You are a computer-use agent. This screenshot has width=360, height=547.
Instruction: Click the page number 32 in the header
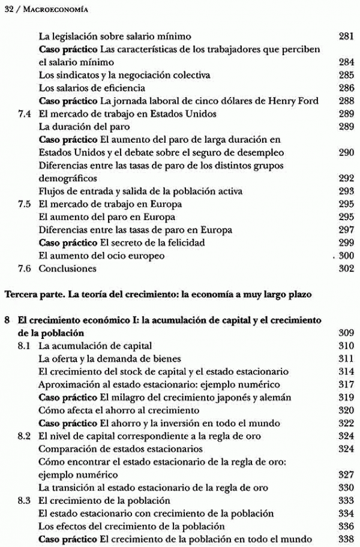(7, 8)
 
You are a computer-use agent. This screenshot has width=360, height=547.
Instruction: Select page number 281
(346, 36)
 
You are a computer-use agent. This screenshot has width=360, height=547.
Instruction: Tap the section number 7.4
(25, 113)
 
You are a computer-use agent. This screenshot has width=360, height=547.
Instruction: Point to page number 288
(346, 101)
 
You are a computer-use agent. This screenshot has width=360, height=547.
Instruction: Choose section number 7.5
(25, 204)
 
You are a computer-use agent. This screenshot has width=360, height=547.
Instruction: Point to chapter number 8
(7, 321)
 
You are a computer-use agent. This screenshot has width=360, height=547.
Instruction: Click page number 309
(346, 333)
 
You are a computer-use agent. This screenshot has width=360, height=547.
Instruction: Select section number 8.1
(25, 346)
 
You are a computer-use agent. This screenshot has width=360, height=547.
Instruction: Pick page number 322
(346, 423)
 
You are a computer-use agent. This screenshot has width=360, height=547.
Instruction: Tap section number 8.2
(25, 436)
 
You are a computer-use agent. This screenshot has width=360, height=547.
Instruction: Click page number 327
(346, 474)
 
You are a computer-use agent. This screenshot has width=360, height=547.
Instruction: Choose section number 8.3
(25, 500)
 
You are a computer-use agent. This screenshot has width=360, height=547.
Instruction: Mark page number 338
(346, 539)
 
